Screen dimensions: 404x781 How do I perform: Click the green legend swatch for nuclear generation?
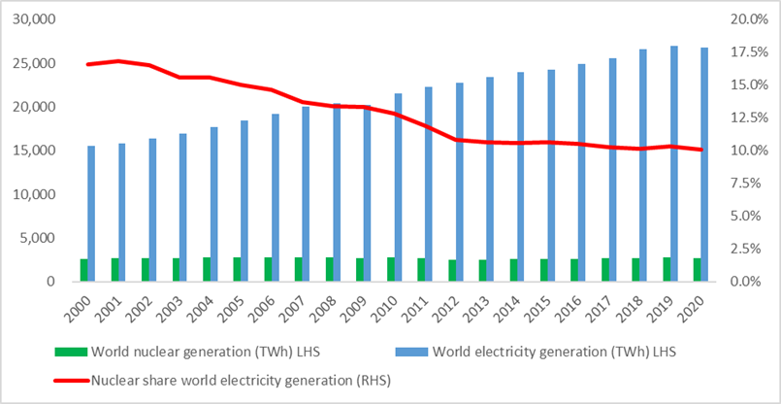click(72, 351)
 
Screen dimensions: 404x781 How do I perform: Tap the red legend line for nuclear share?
click(72, 380)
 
